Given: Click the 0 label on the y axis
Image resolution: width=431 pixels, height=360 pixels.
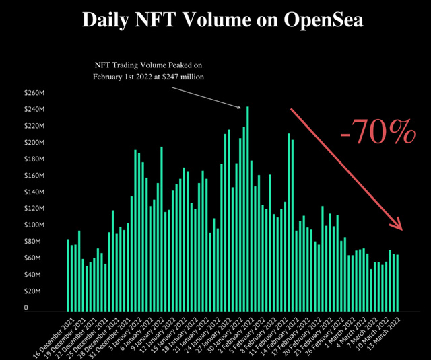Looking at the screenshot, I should coord(26,308).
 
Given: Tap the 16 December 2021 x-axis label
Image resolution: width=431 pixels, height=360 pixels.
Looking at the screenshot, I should coord(55,334).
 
